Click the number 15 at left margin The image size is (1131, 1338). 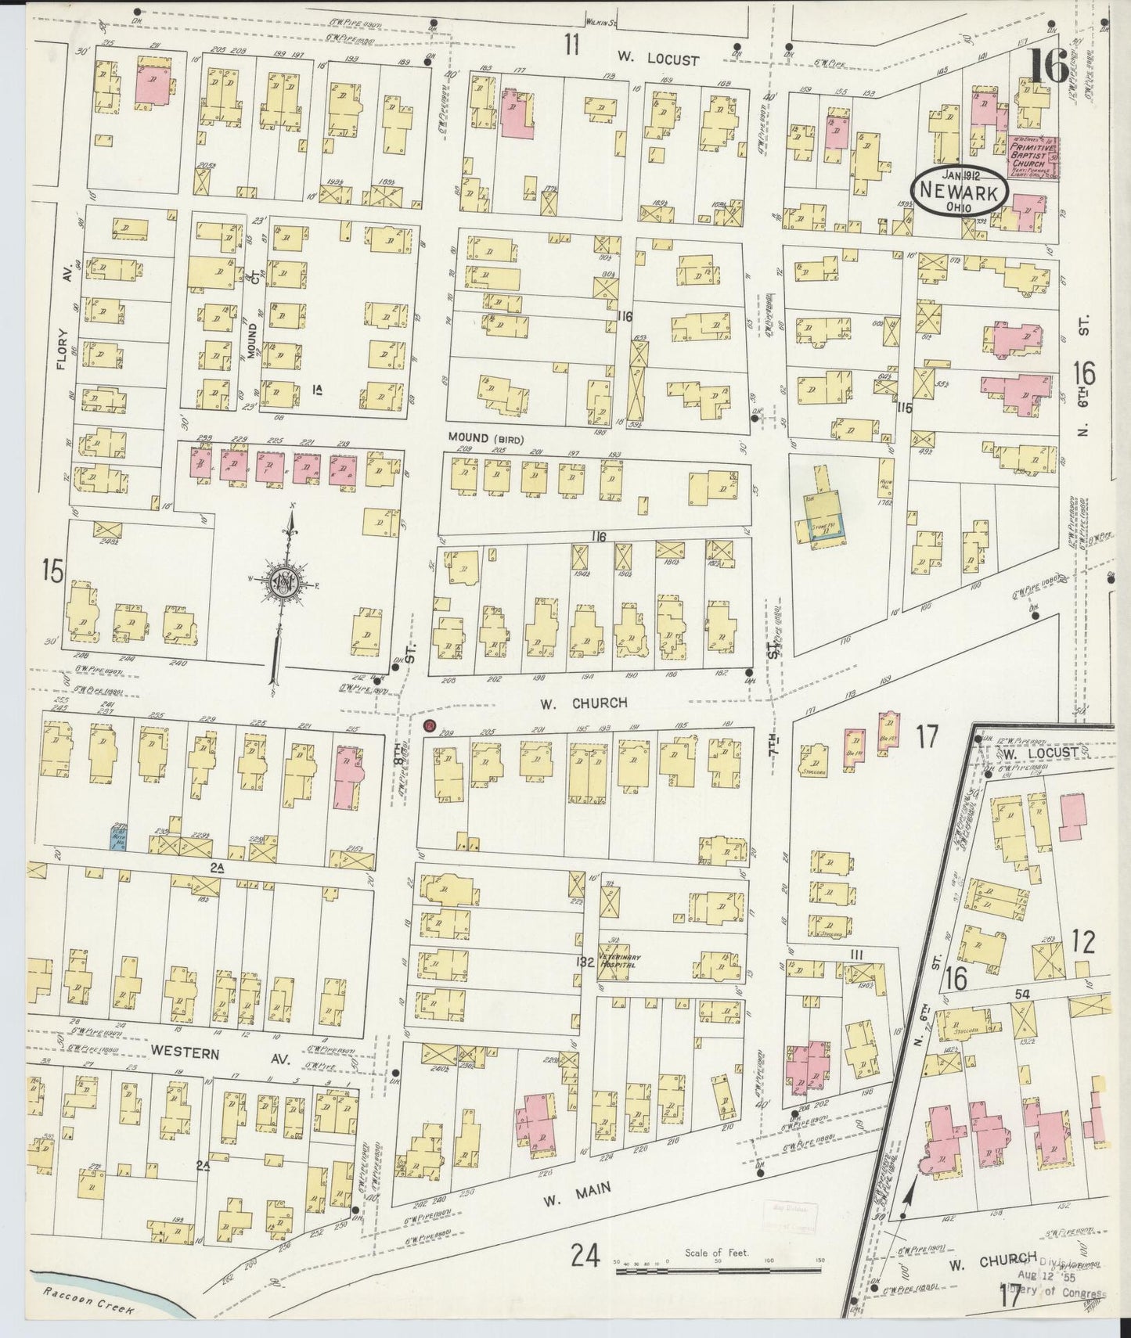(53, 571)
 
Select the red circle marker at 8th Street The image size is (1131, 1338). (429, 726)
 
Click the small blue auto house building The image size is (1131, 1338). (117, 838)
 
